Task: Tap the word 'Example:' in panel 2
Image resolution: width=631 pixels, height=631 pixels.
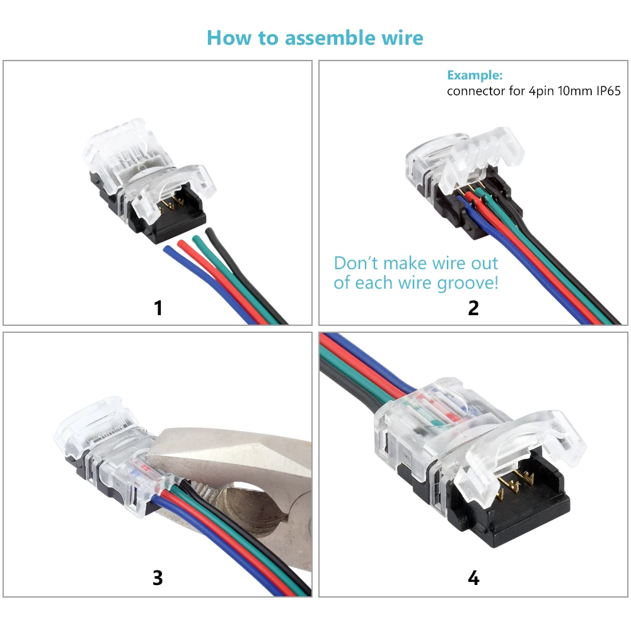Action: pos(475,75)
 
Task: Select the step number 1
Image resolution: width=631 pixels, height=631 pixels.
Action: pos(158,308)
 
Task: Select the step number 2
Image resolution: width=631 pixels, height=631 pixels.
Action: pos(473,308)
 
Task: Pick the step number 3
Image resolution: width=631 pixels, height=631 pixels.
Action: pos(158,577)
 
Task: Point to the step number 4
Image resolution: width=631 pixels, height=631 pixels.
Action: pos(473,577)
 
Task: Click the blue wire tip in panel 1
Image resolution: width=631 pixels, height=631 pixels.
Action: pos(168,250)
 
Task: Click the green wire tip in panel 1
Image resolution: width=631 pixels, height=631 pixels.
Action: pos(197,238)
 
